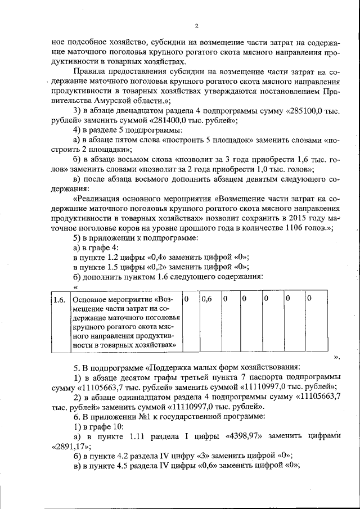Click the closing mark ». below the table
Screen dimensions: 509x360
[337, 357]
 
